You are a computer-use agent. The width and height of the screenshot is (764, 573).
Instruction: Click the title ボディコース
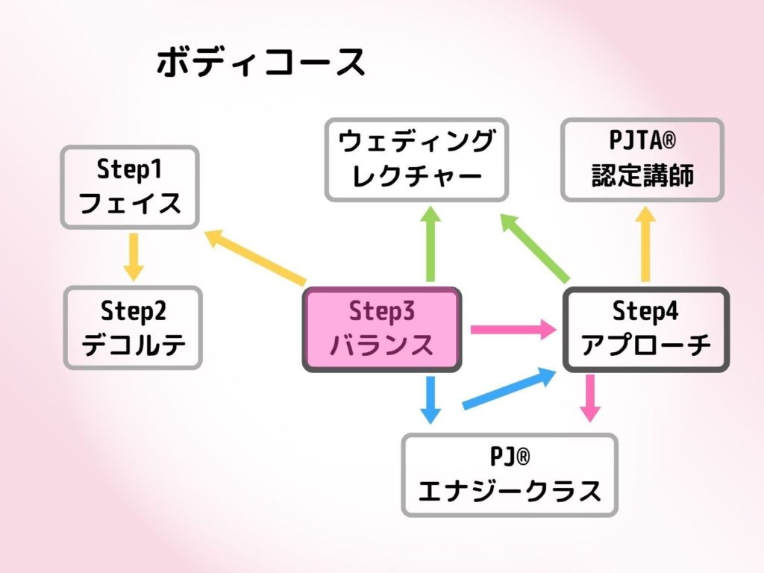click(260, 62)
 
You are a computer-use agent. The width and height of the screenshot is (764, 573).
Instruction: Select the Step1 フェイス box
click(130, 187)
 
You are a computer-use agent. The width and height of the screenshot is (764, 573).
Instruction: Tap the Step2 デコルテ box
click(133, 328)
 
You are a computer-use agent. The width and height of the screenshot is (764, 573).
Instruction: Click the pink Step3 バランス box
click(381, 329)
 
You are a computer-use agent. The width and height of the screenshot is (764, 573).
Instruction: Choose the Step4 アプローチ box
click(645, 329)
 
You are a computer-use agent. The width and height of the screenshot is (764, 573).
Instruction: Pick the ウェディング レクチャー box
click(416, 160)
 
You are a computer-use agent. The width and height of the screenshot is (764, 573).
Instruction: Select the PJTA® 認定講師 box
click(642, 160)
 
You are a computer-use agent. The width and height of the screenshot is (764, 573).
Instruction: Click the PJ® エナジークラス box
click(510, 475)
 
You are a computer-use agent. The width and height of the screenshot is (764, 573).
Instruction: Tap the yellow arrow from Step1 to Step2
click(134, 257)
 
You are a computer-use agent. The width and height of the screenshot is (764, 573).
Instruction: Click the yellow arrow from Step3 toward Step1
click(255, 257)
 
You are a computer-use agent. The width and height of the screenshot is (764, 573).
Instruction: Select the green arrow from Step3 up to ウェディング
click(430, 244)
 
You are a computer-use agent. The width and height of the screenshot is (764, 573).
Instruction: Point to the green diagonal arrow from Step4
click(534, 248)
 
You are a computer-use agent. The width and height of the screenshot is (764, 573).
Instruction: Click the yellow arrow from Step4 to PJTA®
click(645, 244)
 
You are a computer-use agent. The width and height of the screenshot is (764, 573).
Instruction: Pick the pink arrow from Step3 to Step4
click(513, 329)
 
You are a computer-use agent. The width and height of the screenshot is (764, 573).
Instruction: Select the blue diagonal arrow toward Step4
click(509, 388)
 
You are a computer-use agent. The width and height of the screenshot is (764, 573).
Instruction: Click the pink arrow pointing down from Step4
click(590, 398)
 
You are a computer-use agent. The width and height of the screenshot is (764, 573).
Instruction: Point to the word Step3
click(381, 311)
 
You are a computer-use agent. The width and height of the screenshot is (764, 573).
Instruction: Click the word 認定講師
click(642, 175)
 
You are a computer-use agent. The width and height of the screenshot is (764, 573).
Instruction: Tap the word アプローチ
click(646, 345)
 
